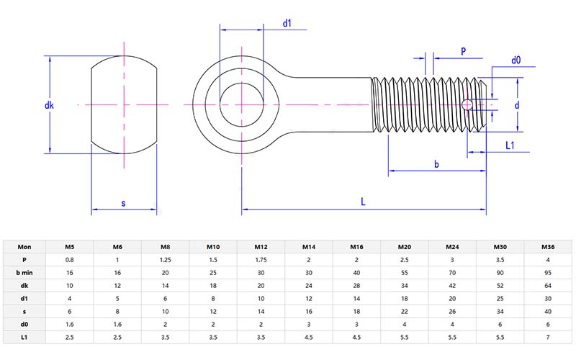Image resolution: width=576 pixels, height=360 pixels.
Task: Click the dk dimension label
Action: (49, 106)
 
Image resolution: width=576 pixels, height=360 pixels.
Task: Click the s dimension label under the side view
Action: (124, 204)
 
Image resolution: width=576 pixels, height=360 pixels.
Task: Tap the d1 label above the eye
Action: (287, 23)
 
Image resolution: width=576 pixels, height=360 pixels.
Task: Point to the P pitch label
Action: (464, 51)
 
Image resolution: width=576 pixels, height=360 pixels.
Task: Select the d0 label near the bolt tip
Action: (516, 60)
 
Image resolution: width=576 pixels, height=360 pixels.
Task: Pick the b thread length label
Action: (436, 165)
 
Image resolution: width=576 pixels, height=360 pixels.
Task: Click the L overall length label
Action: (364, 203)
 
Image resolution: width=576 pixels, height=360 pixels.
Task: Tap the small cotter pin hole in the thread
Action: (468, 105)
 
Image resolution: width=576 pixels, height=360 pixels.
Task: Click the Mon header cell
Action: (24, 247)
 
